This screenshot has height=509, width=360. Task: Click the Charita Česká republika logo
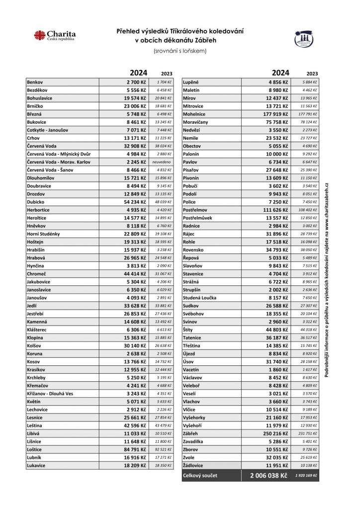[55, 36]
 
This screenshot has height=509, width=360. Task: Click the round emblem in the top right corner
[303, 38]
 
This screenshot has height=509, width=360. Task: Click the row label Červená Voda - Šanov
[53, 170]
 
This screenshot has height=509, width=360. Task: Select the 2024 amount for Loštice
[136, 449]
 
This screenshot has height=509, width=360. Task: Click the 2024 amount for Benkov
[136, 82]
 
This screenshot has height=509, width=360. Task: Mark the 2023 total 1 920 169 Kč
[306, 476]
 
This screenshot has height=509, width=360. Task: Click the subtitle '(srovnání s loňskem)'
[180, 51]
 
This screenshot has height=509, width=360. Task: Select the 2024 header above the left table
[139, 72]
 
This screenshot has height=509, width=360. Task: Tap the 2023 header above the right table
[312, 73]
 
